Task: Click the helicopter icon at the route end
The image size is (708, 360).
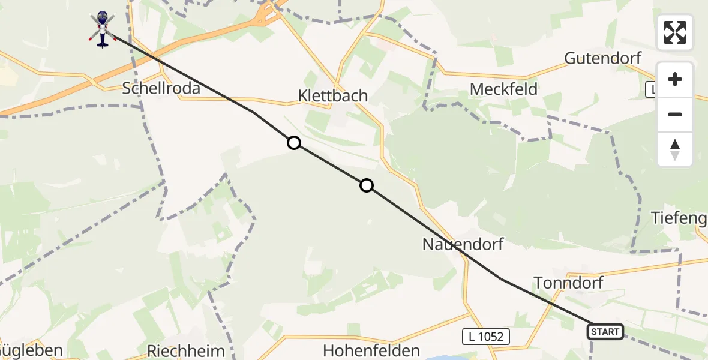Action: tap(103, 28)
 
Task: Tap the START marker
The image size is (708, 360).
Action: tap(605, 332)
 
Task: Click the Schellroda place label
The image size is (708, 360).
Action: tap(161, 88)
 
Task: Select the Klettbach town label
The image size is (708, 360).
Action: tap(332, 95)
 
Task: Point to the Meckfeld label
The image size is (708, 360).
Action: tap(503, 89)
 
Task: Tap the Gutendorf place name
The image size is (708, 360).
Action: tap(602, 58)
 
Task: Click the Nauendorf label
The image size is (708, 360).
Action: tap(463, 244)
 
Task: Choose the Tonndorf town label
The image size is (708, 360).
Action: tap(568, 283)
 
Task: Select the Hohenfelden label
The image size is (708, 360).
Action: tap(371, 350)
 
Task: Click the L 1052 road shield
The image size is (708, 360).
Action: tap(486, 337)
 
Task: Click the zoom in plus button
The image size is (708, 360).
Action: tap(675, 79)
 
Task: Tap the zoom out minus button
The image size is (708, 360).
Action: tap(675, 114)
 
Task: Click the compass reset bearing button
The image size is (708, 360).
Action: tap(675, 149)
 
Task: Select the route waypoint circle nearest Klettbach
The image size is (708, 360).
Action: tap(294, 143)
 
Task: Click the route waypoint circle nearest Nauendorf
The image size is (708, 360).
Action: tap(367, 185)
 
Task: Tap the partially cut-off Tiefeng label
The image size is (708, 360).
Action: tap(679, 218)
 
